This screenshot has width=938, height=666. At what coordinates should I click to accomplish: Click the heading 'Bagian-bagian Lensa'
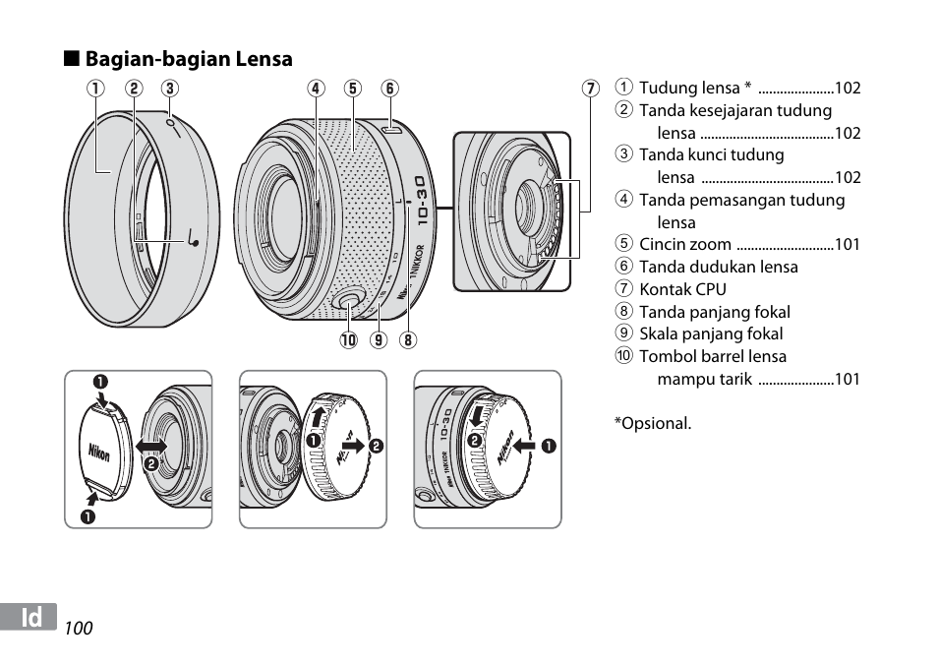click(x=189, y=59)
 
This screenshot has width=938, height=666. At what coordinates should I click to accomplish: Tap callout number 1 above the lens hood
click(x=95, y=88)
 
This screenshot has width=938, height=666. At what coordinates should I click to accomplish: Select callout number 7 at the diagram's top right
click(x=591, y=88)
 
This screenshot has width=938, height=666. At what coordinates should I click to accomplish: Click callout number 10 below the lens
click(x=348, y=340)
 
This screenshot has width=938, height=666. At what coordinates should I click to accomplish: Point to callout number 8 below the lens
click(x=408, y=340)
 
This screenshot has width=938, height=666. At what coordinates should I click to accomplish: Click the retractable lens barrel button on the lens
click(x=347, y=302)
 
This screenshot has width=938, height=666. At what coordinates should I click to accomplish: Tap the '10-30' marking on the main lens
click(x=422, y=201)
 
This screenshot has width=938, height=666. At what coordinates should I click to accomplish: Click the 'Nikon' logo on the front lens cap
click(x=98, y=453)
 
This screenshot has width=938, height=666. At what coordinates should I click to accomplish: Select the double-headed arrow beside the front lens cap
click(x=151, y=447)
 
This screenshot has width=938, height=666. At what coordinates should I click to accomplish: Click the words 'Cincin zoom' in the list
click(x=685, y=244)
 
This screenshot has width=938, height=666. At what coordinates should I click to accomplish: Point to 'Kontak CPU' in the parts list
click(x=682, y=289)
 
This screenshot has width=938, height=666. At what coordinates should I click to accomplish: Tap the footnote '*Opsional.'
click(x=653, y=424)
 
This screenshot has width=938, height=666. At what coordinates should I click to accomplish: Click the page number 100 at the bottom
click(x=79, y=629)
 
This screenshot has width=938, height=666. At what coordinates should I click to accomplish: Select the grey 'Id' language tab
click(x=29, y=617)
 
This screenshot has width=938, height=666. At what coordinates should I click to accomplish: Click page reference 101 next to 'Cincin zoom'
click(x=848, y=244)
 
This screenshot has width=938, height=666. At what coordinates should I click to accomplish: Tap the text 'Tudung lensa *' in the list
click(x=695, y=88)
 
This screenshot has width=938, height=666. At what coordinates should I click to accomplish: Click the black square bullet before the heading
click(x=72, y=59)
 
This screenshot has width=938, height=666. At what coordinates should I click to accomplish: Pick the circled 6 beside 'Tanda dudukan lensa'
click(x=624, y=266)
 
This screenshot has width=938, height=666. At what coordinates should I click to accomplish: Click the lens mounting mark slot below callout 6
click(x=392, y=129)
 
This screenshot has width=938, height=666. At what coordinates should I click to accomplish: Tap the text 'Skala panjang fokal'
click(x=711, y=333)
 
